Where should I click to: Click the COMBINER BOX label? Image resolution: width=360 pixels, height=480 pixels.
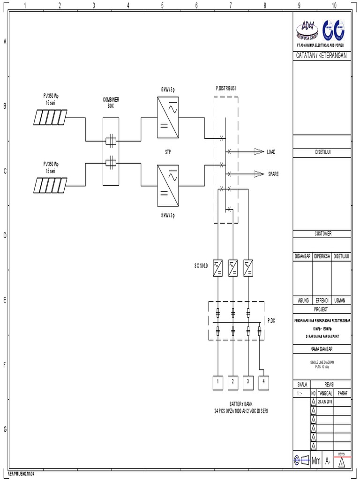[x=111, y=103]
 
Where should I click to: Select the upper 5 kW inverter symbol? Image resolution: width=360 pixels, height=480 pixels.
[x=168, y=118]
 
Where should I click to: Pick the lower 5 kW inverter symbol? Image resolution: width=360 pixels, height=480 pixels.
[x=168, y=186]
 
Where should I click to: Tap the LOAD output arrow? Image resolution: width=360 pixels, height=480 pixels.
[x=259, y=151]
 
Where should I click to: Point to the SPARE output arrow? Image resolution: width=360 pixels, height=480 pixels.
[x=259, y=174]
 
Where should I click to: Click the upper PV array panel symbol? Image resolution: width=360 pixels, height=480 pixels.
[x=50, y=117]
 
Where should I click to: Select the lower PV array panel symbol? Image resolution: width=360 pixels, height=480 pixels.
[x=50, y=185]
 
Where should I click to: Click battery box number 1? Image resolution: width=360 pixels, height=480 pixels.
[x=218, y=382]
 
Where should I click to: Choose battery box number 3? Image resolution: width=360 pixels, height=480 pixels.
[x=248, y=382]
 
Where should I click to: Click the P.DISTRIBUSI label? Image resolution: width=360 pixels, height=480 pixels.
[x=226, y=88]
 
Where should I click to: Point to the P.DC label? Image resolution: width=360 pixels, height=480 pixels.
[x=271, y=321]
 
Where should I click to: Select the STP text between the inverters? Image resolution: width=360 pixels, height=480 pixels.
[x=168, y=152]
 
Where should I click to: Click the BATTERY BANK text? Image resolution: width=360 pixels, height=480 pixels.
[x=241, y=404]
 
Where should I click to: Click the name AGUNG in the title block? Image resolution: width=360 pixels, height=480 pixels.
[x=302, y=300]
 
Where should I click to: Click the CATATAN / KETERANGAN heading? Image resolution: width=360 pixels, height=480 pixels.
[x=321, y=56]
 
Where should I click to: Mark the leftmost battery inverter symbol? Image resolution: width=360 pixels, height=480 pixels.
[x=218, y=268]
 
